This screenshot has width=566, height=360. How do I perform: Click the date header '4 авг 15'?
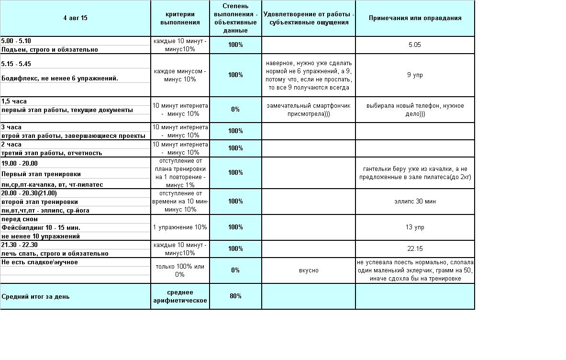tap(75, 18)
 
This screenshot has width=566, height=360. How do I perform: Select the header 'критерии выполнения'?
tap(179, 18)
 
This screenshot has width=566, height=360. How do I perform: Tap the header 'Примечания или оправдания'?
tap(415, 18)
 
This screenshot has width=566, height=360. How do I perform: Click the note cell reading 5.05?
tap(415, 45)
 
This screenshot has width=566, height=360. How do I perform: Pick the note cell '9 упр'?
tap(415, 75)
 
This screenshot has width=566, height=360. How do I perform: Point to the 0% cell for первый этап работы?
tap(235, 109)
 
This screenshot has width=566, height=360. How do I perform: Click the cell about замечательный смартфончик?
tap(309, 110)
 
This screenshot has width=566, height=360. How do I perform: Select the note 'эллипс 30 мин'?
tap(415, 201)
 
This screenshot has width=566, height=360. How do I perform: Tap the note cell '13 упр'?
tap(415, 227)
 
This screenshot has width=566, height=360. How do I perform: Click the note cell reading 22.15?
tap(415, 248)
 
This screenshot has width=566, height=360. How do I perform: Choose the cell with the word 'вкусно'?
tap(309, 270)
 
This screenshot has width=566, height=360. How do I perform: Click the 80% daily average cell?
tap(235, 296)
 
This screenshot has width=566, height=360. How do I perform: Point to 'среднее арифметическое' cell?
tap(180, 296)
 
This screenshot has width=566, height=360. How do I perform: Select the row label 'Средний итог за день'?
tap(35, 296)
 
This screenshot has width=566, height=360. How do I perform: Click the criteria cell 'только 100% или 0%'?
tap(180, 270)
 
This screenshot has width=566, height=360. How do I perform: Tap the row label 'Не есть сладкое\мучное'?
tap(39, 262)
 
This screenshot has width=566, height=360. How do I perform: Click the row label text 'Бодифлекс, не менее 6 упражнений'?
tap(60, 78)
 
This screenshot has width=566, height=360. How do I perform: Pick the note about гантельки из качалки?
tap(415, 173)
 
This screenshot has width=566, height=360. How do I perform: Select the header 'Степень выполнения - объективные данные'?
tap(235, 18)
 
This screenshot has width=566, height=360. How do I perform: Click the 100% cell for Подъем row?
tap(235, 45)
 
